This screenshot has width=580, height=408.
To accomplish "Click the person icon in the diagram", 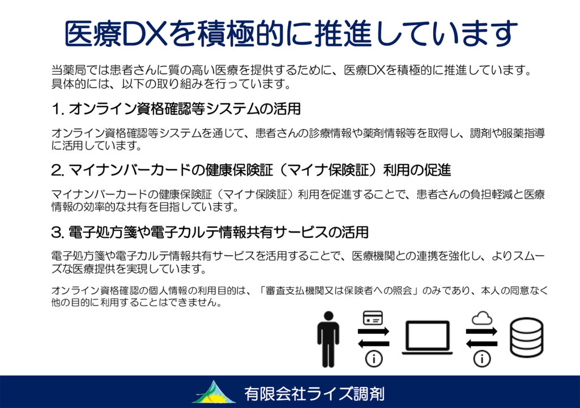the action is click(328, 339).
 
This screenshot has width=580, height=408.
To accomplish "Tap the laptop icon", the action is click(427, 337).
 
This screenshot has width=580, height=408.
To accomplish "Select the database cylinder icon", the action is click(527, 337).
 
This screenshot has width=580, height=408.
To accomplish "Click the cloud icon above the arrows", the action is click(482, 318).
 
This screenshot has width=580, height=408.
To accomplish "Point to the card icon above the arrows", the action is click(373, 318).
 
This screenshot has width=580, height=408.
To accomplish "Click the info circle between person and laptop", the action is click(374, 358).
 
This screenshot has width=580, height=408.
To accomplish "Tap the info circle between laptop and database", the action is click(482, 358).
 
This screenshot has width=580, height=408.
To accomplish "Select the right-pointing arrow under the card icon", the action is click(374, 331).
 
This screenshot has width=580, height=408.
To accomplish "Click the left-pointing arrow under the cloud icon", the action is click(482, 344).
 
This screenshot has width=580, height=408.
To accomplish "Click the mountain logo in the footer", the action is click(214, 392).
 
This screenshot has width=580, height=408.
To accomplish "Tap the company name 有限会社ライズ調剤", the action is click(314, 394).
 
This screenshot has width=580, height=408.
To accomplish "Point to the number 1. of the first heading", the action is click(58, 109).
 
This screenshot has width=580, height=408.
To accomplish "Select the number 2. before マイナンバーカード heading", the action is click(58, 170).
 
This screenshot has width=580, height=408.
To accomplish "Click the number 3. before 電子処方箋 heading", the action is click(58, 233).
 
